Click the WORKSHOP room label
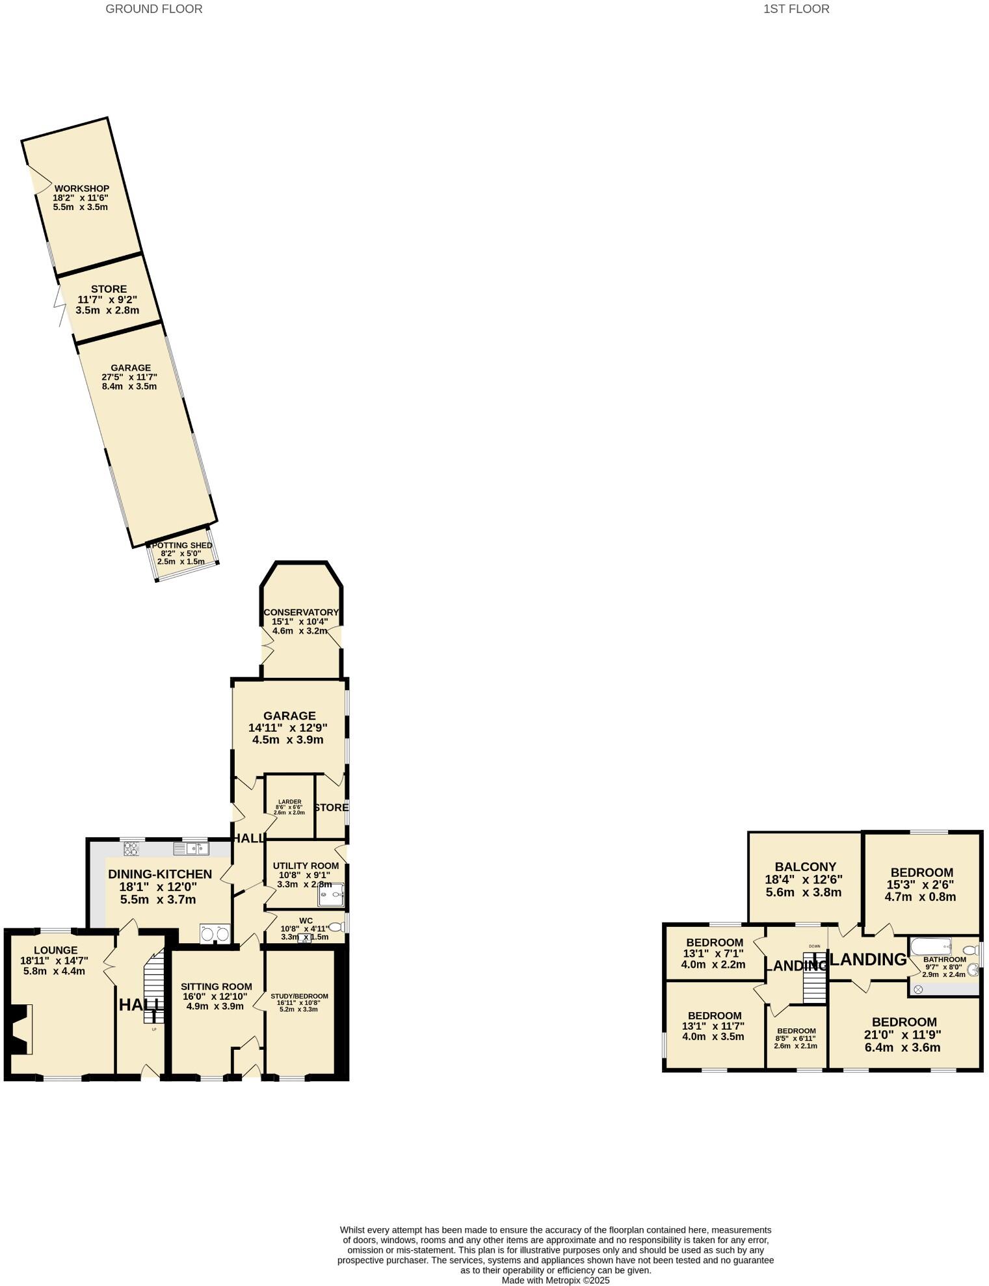click(x=81, y=189)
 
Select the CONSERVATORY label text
click(x=301, y=612)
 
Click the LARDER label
click(x=289, y=801)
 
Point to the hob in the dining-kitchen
click(x=131, y=848)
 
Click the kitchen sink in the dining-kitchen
click(x=191, y=848)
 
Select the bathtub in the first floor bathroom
click(x=930, y=946)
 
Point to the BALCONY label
click(x=805, y=866)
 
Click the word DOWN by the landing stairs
click(x=814, y=946)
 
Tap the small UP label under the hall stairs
click(x=154, y=1029)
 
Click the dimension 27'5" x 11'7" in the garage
click(x=129, y=377)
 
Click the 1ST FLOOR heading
click(x=796, y=9)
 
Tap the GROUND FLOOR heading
click(x=153, y=9)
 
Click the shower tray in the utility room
click(x=330, y=895)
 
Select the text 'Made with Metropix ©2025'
click(x=555, y=1279)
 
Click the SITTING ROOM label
click(x=216, y=986)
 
